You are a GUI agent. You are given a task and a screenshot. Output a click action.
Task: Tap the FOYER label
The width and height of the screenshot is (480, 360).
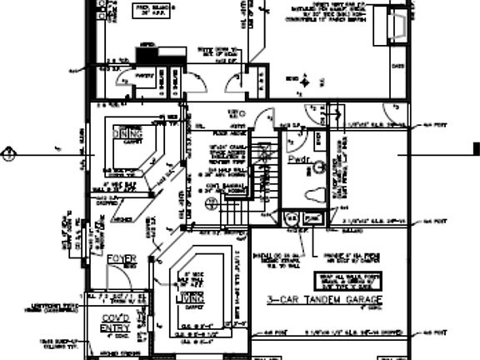point(122,259)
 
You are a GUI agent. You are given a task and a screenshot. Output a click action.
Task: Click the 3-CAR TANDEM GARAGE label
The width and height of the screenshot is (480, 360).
point(325,300)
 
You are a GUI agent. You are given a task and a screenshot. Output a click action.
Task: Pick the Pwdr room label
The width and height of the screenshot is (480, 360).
point(297,157)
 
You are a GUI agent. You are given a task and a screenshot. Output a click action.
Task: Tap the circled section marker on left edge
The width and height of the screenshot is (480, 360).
point(7,153)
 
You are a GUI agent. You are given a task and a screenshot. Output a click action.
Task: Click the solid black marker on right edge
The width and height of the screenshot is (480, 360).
point(476,150)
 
